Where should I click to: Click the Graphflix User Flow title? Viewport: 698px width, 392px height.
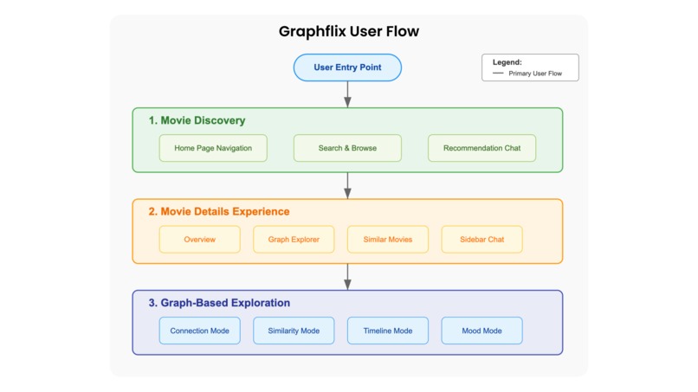click(348, 32)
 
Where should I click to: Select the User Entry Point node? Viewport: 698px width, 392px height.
click(347, 67)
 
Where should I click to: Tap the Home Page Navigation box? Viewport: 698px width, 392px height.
click(213, 148)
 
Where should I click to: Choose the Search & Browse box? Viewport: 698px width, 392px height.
click(347, 148)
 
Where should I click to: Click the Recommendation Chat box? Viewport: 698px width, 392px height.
click(481, 148)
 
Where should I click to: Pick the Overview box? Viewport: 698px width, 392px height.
click(199, 240)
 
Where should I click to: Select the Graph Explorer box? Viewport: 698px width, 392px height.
click(294, 240)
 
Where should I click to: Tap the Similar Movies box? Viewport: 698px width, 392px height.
click(387, 240)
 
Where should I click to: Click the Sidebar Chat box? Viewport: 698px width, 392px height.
click(481, 240)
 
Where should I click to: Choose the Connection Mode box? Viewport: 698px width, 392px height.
click(199, 331)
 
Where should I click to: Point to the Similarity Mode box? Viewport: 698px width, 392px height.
click(294, 331)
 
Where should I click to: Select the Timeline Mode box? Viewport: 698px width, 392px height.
click(387, 331)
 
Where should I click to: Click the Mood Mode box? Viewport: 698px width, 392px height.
click(481, 331)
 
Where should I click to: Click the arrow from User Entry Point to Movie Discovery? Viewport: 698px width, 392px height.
click(347, 94)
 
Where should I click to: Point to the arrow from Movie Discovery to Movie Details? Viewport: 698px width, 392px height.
click(347, 185)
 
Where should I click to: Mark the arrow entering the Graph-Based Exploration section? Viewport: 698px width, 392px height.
click(347, 276)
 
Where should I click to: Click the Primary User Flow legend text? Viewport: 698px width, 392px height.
click(535, 74)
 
